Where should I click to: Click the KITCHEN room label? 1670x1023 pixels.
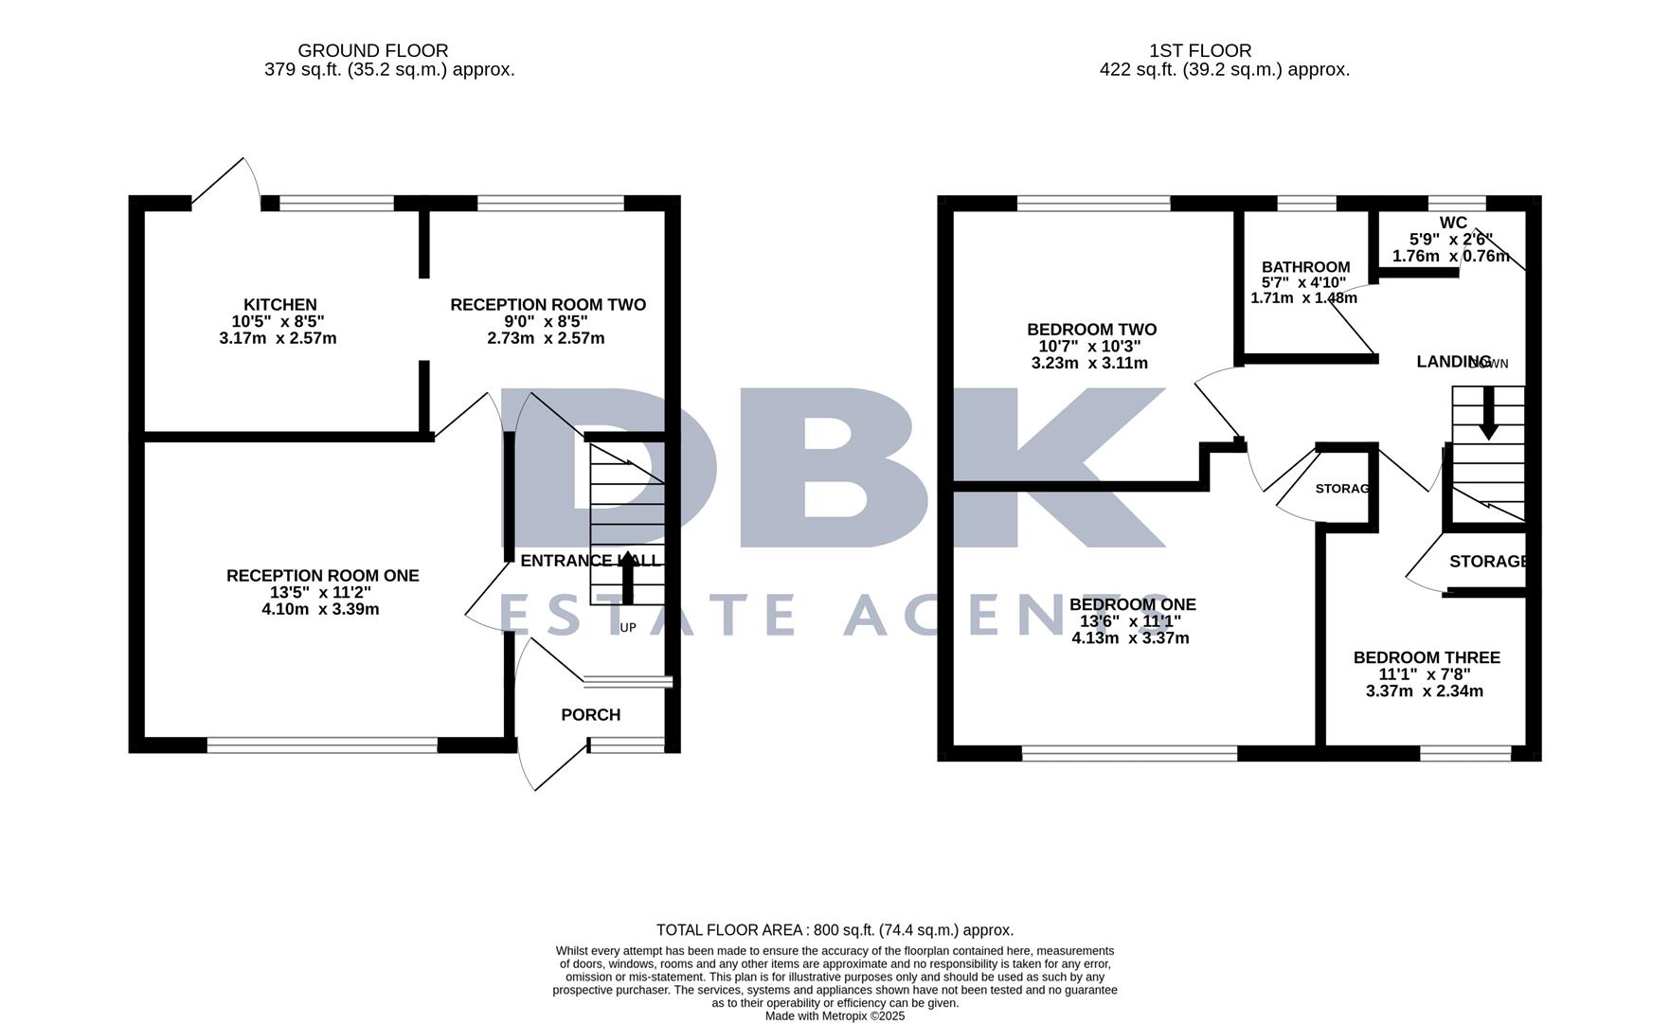pos(279,305)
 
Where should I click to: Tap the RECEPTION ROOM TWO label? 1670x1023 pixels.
pos(548,305)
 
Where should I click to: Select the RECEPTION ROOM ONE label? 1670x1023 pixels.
pos(322,576)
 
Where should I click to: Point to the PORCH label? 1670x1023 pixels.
pos(590,715)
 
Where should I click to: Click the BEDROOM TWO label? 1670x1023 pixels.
pos(1091,330)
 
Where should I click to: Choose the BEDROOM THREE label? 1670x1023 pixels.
pos(1426,657)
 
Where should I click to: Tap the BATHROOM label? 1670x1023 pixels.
pos(1305,267)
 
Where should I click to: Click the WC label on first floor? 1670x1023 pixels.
pos(1452,224)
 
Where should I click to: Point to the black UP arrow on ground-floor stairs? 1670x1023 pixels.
pos(627,579)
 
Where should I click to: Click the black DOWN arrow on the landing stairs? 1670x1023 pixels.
pos(1488,413)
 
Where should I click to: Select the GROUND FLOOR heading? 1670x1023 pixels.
pos(372,51)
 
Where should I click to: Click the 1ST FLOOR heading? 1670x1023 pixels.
pos(1200,51)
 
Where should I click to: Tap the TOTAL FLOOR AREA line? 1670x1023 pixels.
pos(835,930)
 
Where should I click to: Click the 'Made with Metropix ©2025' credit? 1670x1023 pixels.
pos(835,1016)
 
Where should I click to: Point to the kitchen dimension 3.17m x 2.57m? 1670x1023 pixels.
pos(278,338)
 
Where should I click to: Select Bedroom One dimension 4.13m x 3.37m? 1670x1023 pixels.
pos(1130,638)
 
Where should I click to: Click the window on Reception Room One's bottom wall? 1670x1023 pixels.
pos(322,745)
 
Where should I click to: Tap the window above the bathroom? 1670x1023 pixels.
pos(1306,202)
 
